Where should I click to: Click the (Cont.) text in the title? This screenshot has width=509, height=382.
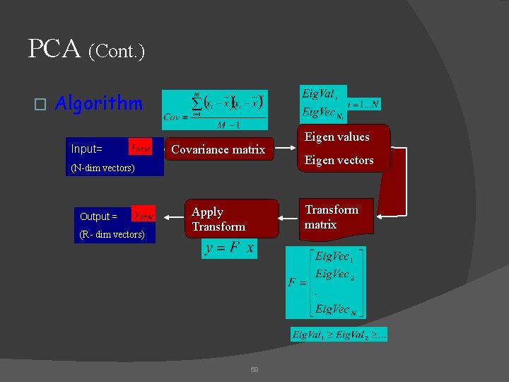point(117,51)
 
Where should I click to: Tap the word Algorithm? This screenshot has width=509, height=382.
point(98,104)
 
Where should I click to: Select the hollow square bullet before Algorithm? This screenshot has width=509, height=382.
point(40,105)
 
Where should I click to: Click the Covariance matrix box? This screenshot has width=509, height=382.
point(218,149)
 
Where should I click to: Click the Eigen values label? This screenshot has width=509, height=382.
point(337,137)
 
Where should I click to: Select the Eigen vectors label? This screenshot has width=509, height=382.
point(339,161)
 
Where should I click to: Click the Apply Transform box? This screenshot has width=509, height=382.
point(218,219)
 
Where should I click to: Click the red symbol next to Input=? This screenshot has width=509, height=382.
point(140,148)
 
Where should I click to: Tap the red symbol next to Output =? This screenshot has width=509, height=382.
point(144,215)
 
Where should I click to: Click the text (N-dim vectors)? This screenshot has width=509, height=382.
point(103,168)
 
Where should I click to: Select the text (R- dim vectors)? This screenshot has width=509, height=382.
point(112,234)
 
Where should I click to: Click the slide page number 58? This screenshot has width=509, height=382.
point(255,369)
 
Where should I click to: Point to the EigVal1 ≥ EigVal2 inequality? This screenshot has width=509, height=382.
point(339,335)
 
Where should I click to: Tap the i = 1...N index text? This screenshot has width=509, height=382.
point(362,103)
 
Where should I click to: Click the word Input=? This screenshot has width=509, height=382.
point(87,149)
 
